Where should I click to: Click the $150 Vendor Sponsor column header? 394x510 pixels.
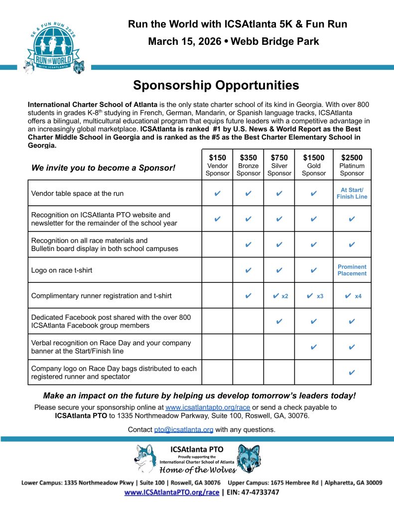[217, 165]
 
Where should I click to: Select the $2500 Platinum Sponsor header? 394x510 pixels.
[352, 165]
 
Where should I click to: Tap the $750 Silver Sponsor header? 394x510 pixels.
[279, 165]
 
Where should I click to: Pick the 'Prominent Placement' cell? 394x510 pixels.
[352, 270]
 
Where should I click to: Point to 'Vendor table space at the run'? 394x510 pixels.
[77, 193]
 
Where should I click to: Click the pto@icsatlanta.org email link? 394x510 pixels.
[184, 429]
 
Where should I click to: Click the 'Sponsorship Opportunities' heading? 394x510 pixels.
[216, 85]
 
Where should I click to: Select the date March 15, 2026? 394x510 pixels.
[184, 41]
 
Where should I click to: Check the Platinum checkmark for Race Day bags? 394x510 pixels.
[352, 372]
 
